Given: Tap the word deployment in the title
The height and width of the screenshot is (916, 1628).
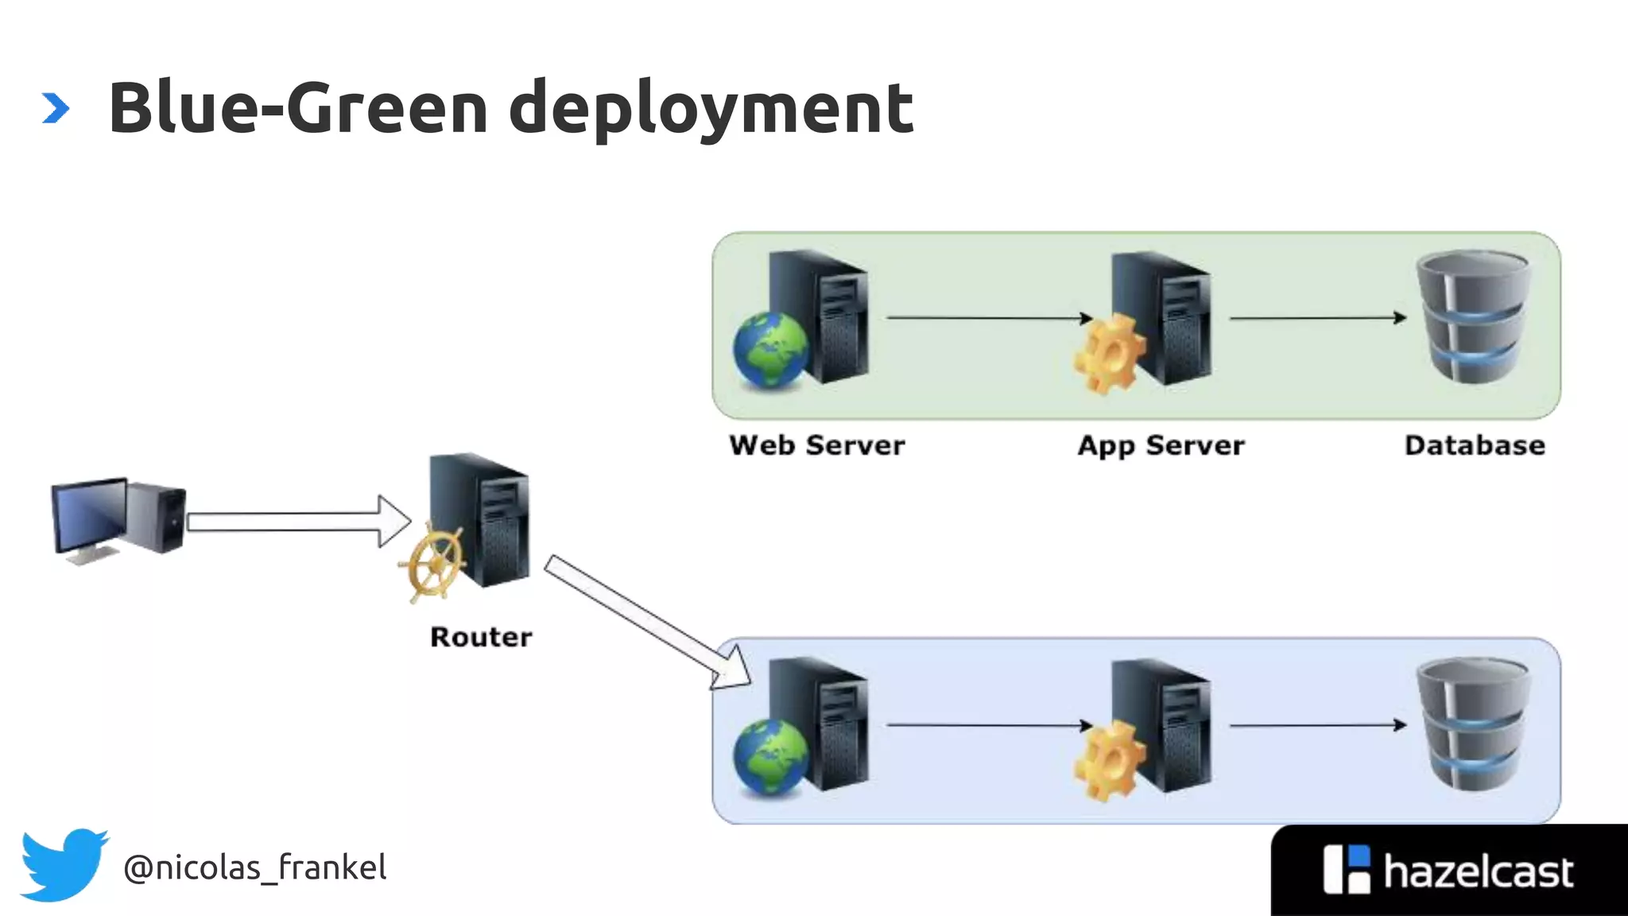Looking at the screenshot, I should click(710, 110).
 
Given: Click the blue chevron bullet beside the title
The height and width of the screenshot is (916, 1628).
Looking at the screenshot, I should click(55, 108).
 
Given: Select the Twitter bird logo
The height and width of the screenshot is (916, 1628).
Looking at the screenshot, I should click(64, 864).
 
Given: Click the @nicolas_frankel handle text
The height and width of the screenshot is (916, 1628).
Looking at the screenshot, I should click(254, 867).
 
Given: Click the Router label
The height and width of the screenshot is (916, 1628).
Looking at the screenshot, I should click(481, 637).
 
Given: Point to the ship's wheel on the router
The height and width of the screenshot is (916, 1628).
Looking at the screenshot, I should click(432, 562).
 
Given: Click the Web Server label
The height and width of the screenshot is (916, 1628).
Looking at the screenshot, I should click(816, 445).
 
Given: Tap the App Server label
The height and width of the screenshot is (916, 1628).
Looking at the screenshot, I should click(1161, 446).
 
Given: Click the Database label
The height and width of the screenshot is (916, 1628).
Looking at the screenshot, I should click(1475, 445).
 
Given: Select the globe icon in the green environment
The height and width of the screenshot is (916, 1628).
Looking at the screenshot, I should click(769, 350).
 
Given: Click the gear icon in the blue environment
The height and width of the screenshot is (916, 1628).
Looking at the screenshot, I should click(1110, 760).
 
